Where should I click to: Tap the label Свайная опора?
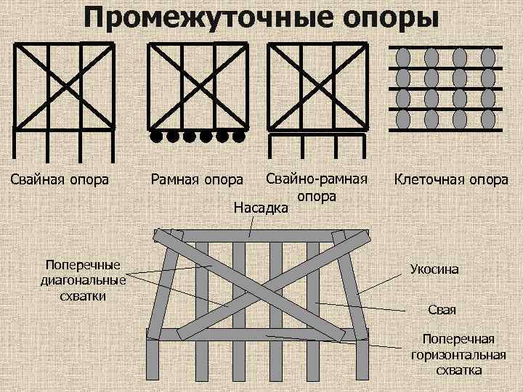click(60, 179)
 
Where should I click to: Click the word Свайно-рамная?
click(317, 179)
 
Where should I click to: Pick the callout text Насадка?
click(261, 208)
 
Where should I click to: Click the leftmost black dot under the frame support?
click(155, 136)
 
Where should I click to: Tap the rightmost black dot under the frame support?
click(238, 136)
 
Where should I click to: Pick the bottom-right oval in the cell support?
click(488, 118)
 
